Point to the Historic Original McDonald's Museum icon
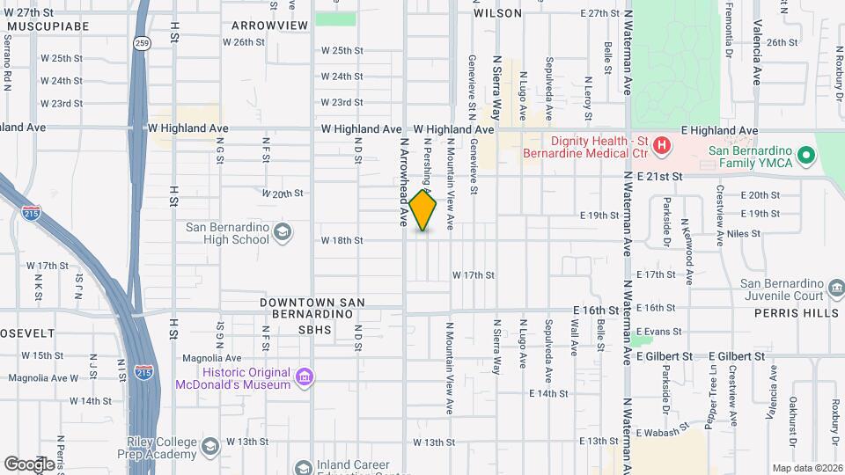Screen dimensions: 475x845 [304, 377]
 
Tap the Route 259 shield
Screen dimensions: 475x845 [142, 43]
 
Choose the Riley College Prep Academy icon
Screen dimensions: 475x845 [210, 448]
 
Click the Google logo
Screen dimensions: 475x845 [29, 464]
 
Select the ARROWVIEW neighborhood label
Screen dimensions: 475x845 [270, 26]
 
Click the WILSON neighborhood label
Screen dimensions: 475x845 [497, 13]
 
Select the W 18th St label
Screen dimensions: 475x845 [342, 240]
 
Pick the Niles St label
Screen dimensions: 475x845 [743, 234]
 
